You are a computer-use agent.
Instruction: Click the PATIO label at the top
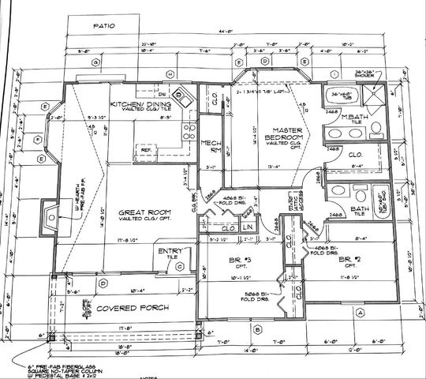click(104, 25)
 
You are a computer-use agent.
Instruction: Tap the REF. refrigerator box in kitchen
click(147, 148)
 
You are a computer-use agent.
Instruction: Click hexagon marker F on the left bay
click(37, 136)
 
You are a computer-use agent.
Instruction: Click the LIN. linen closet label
click(247, 227)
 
